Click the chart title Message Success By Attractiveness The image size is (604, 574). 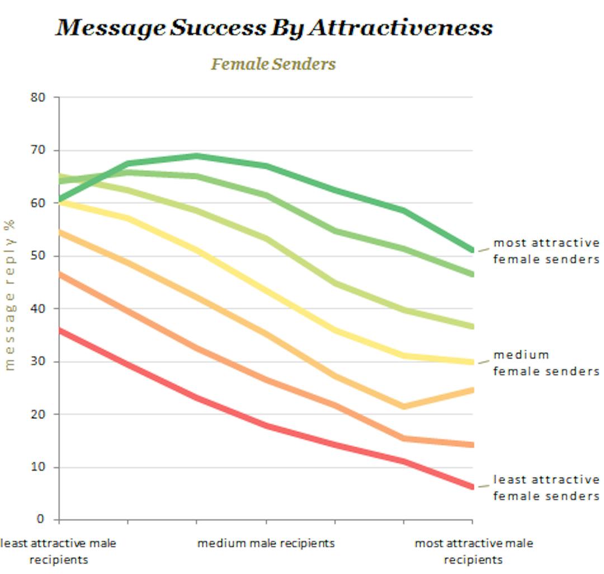click(273, 27)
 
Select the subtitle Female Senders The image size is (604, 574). click(273, 64)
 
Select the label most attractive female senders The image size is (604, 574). click(546, 251)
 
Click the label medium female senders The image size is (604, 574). click(546, 363)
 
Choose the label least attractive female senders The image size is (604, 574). click(546, 488)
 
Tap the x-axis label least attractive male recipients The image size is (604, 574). click(59, 551)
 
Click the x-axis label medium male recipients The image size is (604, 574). click(266, 543)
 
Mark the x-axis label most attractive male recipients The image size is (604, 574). click(473, 551)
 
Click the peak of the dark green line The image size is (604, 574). click(197, 156)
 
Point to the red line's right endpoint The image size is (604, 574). click(472, 487)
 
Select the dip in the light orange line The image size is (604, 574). click(403, 406)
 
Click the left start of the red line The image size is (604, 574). click(60, 330)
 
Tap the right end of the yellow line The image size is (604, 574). click(472, 362)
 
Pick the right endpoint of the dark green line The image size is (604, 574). click(472, 250)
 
